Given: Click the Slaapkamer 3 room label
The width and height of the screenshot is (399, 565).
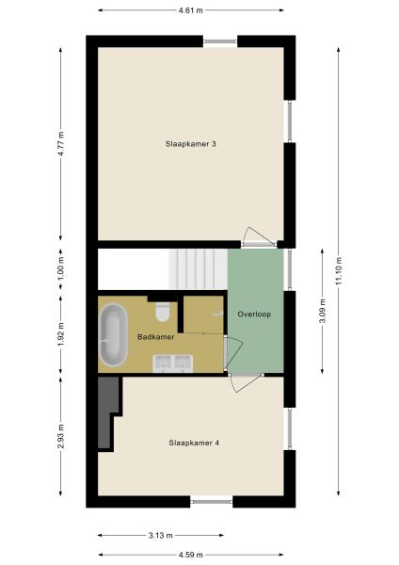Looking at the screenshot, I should click(x=192, y=143).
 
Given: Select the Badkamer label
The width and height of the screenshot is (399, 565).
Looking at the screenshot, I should click(x=155, y=336).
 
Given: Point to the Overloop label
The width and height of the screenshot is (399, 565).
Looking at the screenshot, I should click(x=254, y=314).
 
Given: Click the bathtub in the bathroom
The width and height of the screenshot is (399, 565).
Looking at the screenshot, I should click(x=114, y=334).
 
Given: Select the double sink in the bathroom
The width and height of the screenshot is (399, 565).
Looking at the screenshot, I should click(x=172, y=363).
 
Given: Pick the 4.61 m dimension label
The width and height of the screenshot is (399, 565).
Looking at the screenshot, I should click(x=192, y=9).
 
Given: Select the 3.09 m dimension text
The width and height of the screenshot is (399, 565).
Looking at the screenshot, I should click(x=322, y=310).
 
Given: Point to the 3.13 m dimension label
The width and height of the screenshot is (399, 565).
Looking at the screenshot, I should click(x=160, y=535).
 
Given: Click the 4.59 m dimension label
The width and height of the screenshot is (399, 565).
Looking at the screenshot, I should click(x=192, y=554).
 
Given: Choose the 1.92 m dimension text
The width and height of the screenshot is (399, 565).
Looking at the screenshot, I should click(x=60, y=334).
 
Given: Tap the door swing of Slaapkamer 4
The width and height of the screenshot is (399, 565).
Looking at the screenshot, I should click(x=243, y=381).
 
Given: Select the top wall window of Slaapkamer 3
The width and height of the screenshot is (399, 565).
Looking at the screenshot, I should click(x=220, y=40).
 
